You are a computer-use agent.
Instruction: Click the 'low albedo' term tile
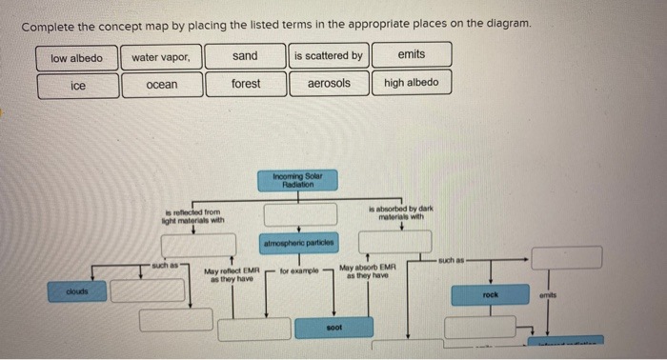pyautogui.click(x=77, y=57)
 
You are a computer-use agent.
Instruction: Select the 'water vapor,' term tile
pyautogui.click(x=161, y=57)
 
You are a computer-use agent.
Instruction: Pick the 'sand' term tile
pyautogui.click(x=245, y=56)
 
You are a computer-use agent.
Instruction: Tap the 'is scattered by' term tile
pyautogui.click(x=328, y=56)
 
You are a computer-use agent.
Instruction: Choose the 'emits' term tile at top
pyautogui.click(x=412, y=55)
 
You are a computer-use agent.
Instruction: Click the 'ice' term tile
pyautogui.click(x=78, y=86)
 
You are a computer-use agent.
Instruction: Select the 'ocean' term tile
pyautogui.click(x=161, y=85)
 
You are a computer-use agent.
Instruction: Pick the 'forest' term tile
pyautogui.click(x=245, y=84)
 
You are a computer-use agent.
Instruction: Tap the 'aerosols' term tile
pyautogui.click(x=328, y=84)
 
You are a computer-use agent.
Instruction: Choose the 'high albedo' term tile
pyautogui.click(x=412, y=83)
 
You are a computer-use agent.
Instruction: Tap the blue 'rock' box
pyautogui.click(x=491, y=295)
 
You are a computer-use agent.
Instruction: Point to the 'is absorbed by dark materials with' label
pyautogui.click(x=402, y=212)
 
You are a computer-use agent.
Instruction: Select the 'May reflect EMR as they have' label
pyautogui.click(x=232, y=277)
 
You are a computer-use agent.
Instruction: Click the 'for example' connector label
pyautogui.click(x=298, y=271)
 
